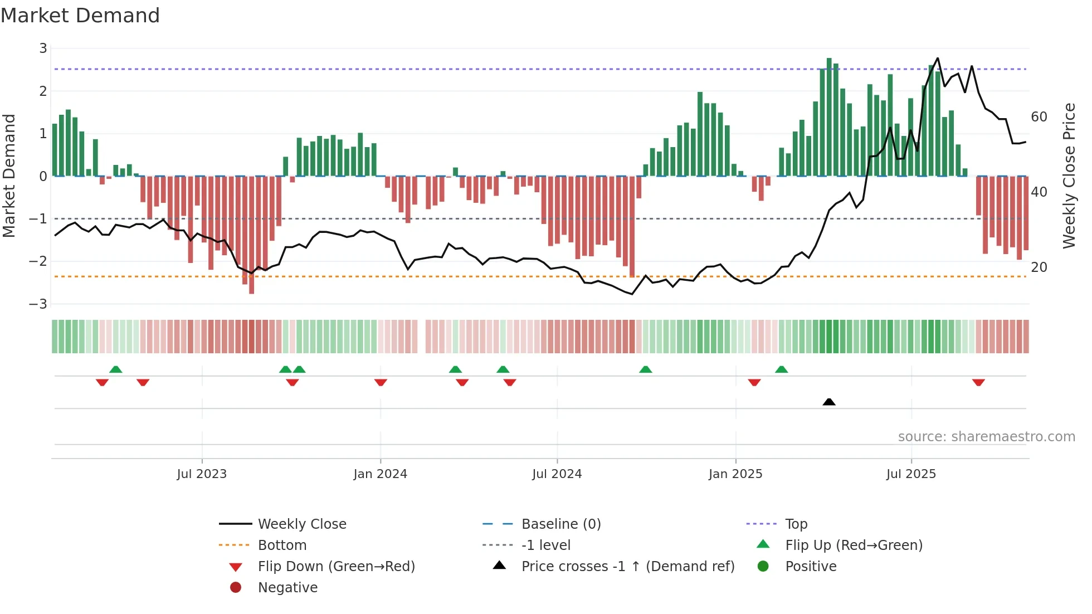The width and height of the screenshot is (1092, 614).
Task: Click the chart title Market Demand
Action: tap(80, 16)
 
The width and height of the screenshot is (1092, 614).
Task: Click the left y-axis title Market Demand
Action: tap(9, 176)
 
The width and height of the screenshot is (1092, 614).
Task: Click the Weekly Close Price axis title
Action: tap(1069, 176)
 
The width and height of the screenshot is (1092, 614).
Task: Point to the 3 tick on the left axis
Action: tap(43, 48)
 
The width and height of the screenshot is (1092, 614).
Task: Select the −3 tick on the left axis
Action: tap(39, 304)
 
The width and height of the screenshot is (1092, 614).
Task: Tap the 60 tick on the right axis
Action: tap(1039, 117)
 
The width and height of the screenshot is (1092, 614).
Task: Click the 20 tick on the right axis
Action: tap(1039, 267)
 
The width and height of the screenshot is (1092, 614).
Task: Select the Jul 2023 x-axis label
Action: tap(202, 474)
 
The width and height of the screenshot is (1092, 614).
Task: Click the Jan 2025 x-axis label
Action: tap(735, 474)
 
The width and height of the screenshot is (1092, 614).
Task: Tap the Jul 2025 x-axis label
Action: tap(911, 474)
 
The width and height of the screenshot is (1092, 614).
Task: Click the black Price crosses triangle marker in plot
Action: tap(829, 402)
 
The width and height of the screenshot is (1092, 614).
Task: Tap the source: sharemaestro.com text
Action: tap(986, 437)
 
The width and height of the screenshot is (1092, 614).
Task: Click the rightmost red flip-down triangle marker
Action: tap(978, 382)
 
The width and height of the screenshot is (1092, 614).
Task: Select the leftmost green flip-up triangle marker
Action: tap(116, 369)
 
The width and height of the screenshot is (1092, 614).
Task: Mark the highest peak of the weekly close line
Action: tap(938, 58)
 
